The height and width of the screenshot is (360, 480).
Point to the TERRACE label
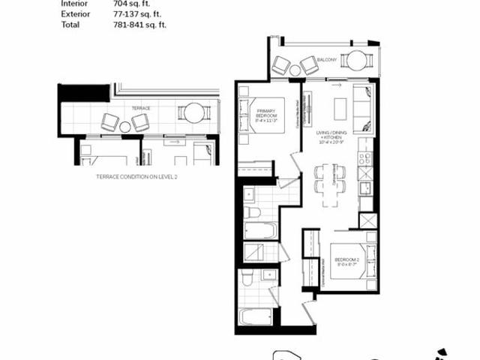[x=141, y=108]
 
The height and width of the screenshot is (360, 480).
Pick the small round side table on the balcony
[x=295, y=70]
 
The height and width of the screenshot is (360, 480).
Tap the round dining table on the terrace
[x=195, y=113]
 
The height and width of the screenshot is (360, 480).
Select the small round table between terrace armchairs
[x=125, y=127]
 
